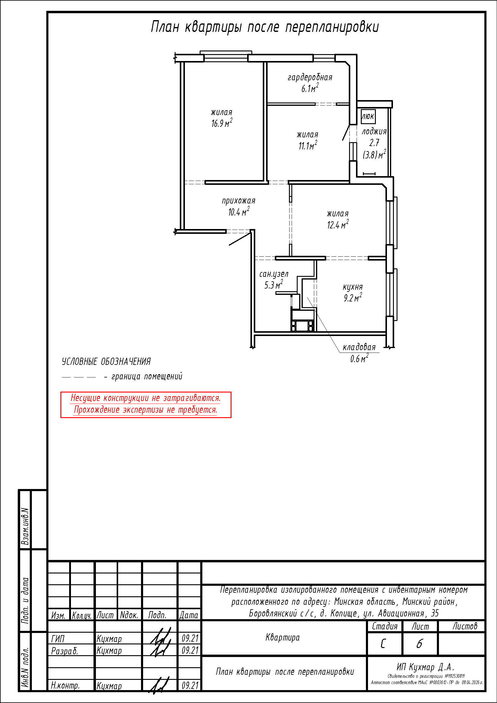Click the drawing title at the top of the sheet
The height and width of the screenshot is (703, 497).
point(265,27)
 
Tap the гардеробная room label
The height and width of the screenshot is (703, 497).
point(310,77)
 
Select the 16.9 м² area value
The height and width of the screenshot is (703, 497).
point(222,123)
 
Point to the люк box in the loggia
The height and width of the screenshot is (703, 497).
point(368,116)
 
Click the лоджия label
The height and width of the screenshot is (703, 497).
point(374,132)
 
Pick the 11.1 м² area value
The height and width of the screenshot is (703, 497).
point(308,145)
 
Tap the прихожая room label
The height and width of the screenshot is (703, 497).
point(238,201)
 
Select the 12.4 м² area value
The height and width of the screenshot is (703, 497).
point(338,225)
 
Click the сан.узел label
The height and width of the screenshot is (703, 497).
point(274,274)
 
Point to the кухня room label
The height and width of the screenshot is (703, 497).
point(352,287)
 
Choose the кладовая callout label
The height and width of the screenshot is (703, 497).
point(359,347)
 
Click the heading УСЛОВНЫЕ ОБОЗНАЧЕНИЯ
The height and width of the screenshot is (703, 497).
point(106,362)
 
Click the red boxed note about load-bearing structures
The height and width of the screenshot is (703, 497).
point(146,405)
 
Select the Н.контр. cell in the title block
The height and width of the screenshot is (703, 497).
point(65,686)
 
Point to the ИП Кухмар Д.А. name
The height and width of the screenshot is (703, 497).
point(425,667)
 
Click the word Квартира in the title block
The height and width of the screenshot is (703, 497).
point(282,637)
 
